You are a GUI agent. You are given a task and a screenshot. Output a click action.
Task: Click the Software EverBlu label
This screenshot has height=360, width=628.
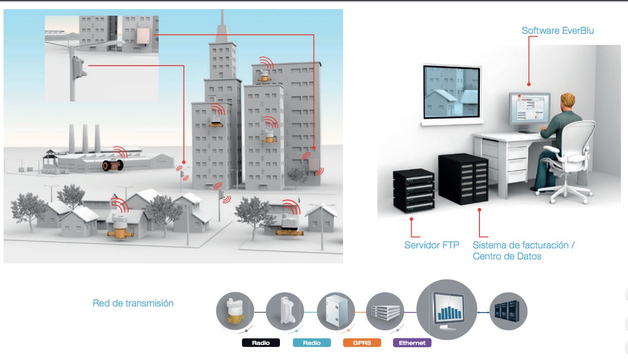[x=558, y=31]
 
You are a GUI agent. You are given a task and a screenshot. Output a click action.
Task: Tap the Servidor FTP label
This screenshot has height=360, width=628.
[x=431, y=245]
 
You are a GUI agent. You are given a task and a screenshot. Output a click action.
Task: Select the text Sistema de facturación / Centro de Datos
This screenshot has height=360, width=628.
[x=523, y=250]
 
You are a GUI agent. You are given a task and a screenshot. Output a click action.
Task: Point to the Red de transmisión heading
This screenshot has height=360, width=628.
[x=133, y=303]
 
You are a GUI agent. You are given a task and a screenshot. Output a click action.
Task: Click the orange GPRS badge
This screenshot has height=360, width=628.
[x=362, y=343]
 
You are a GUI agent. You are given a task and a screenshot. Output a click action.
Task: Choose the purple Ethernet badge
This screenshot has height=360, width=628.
[x=412, y=343]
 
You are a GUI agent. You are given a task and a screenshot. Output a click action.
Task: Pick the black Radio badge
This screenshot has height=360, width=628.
[x=261, y=343]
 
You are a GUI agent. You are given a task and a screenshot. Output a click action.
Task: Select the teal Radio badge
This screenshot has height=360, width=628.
[x=312, y=343]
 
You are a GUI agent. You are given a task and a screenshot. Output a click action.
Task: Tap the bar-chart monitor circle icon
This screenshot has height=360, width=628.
[x=446, y=309]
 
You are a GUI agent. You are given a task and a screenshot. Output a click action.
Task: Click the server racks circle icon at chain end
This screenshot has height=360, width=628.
[x=508, y=312]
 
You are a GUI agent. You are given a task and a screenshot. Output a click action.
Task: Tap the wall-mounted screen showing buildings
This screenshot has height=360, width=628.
[x=451, y=91]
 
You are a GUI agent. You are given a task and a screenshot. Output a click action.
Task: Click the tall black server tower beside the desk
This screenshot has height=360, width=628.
[x=463, y=178]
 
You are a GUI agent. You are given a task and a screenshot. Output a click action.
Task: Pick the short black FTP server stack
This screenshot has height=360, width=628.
[x=414, y=190]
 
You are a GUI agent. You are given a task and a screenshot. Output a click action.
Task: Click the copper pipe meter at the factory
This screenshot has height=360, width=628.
[x=111, y=165]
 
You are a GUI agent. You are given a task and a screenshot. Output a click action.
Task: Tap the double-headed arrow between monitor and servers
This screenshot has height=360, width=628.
[x=484, y=313]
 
